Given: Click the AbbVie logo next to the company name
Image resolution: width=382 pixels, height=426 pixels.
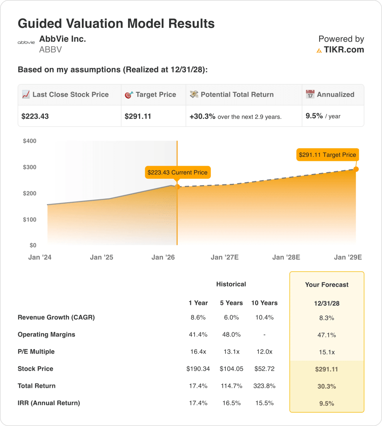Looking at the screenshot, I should (26, 42).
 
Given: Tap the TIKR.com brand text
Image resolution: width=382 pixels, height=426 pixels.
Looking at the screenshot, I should (344, 50).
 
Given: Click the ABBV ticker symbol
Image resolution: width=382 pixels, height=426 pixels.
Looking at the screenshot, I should (50, 50).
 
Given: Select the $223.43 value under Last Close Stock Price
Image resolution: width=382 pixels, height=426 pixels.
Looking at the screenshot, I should (35, 116).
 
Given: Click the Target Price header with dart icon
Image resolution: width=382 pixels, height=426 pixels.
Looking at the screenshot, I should (150, 94).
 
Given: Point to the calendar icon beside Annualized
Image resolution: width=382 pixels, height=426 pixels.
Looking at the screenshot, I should (310, 94).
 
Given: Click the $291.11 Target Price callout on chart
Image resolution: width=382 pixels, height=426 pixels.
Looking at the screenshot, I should (327, 155).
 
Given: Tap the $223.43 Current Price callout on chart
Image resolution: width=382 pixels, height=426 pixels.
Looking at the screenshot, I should (177, 172).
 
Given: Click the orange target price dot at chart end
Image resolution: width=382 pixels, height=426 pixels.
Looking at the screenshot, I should (356, 169).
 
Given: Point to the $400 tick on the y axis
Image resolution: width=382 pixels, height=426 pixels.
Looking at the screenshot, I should (30, 141).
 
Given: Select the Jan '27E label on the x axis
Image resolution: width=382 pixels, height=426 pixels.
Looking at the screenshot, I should (224, 257).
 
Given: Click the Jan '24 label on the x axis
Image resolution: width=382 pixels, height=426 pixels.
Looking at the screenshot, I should (40, 257).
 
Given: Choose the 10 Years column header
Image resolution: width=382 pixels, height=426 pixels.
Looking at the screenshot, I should (264, 303).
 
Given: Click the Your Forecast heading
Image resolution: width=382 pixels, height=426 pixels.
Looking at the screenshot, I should (327, 285).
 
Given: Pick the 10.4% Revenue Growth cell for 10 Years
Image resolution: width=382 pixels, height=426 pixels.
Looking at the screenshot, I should (264, 317).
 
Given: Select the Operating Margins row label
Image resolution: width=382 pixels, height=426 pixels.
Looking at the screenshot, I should (47, 334).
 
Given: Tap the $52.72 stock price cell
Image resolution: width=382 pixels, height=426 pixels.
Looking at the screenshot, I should (264, 369).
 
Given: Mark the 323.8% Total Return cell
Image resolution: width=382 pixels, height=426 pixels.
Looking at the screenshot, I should (264, 386).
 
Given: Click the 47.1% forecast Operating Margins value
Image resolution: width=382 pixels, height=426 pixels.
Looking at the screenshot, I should (327, 335).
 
